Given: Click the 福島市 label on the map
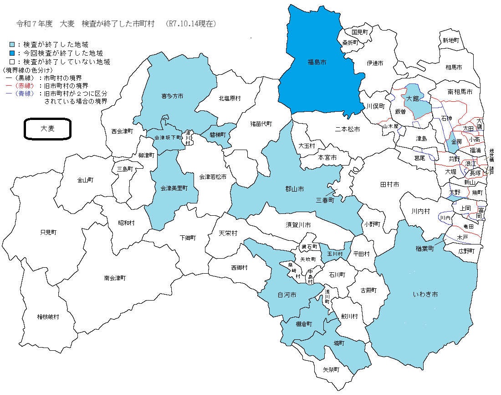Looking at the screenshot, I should pyautogui.click(x=317, y=61).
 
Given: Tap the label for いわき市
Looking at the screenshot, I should pyautogui.click(x=426, y=295).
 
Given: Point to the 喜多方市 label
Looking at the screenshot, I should pyautogui.click(x=172, y=96).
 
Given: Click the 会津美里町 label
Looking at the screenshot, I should pyautogui.click(x=174, y=188).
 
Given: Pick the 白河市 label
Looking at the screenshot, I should pyautogui.click(x=287, y=295).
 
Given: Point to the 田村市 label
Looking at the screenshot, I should pyautogui.click(x=389, y=184).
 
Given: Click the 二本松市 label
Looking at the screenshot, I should pyautogui.click(x=348, y=130).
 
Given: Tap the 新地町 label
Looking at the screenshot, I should pyautogui.click(x=450, y=40).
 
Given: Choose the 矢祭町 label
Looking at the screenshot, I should pyautogui.click(x=331, y=369).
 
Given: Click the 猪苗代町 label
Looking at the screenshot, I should pyautogui.click(x=261, y=124).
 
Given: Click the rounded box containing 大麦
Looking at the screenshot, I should pyautogui.click(x=47, y=129).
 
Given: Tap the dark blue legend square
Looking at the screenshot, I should pyautogui.click(x=12, y=53).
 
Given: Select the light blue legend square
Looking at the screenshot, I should pyautogui.click(x=12, y=45).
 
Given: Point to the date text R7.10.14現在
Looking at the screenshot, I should pyautogui.click(x=191, y=23).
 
